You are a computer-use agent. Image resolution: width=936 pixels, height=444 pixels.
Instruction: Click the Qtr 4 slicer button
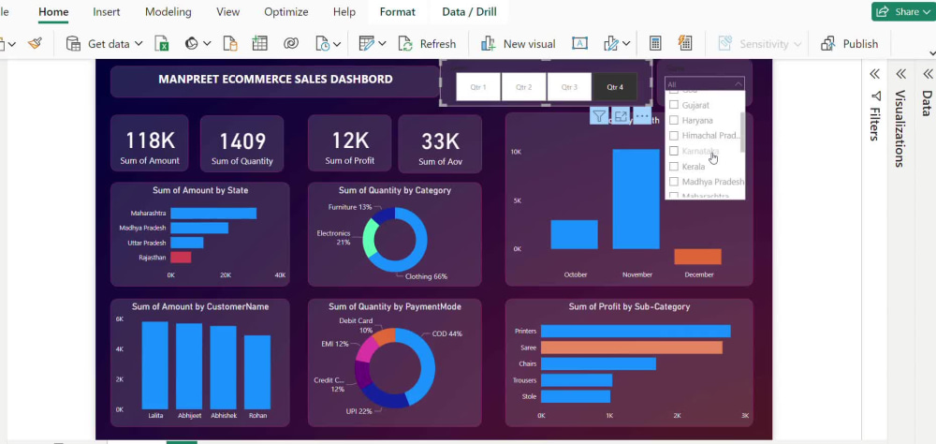coord(615,86)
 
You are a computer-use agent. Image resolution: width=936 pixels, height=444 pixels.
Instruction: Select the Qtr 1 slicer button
coord(478,86)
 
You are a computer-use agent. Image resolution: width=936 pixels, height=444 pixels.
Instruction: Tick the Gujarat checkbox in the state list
coord(674,106)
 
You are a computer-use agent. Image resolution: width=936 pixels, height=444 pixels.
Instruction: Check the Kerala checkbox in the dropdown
coord(674,167)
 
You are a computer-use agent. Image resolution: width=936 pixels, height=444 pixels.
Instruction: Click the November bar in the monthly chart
coord(636,199)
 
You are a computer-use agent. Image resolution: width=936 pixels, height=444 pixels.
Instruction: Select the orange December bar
coord(697,256)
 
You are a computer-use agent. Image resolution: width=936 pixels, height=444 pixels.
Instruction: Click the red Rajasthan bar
coord(181,258)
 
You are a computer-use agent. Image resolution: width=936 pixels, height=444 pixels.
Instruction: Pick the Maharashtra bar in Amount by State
coord(212,214)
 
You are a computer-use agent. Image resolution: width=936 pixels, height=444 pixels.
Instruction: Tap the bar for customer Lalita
coord(154,365)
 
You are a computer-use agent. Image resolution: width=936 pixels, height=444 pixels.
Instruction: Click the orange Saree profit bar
coord(631,348)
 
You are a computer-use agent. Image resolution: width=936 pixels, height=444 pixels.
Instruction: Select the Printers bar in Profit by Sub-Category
coord(635,331)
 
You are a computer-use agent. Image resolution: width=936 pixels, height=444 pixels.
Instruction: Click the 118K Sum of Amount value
coord(150,141)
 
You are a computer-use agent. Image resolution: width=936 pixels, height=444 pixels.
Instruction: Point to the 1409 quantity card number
coord(242,141)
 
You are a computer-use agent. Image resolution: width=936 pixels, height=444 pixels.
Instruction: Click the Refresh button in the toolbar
coord(427,44)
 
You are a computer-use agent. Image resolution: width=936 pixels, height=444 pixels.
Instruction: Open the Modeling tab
coord(168,12)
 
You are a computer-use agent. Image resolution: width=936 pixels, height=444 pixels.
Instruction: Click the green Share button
coord(899,12)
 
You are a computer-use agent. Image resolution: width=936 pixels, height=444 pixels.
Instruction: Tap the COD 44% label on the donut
coord(446,334)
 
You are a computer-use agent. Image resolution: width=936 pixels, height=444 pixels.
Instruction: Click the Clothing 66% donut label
coord(426,276)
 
